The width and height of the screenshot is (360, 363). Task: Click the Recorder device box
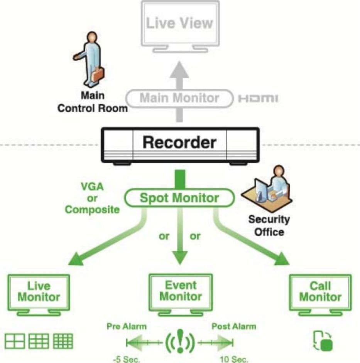pos(180,145)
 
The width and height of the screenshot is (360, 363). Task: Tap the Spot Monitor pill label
pos(179,198)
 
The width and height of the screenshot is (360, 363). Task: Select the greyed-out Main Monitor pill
pos(179,98)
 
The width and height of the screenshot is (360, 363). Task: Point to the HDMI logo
pos(258,98)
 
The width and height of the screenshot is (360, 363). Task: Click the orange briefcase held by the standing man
pos(98,74)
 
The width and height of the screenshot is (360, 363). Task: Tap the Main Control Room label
pos(93,102)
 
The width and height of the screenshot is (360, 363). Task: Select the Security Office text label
pos(269,225)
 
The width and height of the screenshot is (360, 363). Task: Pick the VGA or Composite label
pos(92,198)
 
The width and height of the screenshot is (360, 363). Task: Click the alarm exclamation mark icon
pos(180,341)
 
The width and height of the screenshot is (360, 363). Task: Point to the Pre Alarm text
pos(127,326)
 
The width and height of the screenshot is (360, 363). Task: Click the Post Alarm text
pos(234,326)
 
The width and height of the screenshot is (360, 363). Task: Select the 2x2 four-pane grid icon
pos(15,341)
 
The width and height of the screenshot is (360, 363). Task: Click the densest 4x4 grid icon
pos(63,341)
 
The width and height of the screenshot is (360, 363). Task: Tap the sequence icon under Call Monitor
pos(323,341)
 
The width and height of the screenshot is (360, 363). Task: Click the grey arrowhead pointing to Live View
pos(179,70)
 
